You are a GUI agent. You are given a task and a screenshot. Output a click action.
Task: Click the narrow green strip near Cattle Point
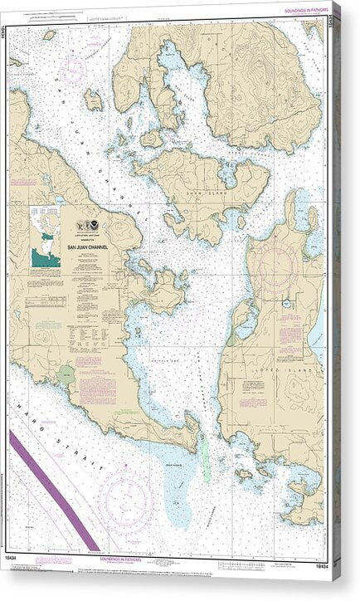205,457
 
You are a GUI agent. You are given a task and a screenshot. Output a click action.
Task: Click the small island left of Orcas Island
93,100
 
